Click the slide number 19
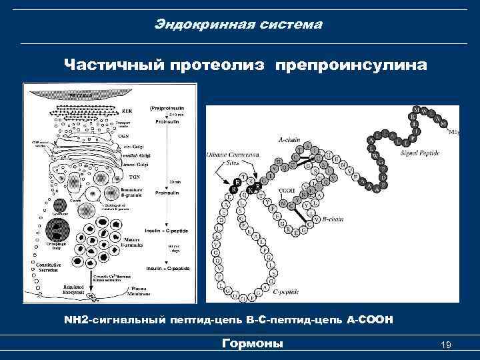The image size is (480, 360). coord(447,345)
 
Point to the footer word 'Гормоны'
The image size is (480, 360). coord(252,343)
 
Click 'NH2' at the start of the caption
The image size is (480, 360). coord(77,321)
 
